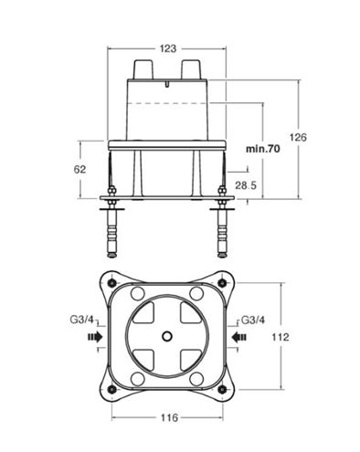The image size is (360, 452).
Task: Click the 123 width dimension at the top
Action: pos(168,48)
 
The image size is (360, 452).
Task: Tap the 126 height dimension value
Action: pos(298,137)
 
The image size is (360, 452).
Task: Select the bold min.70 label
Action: pos(263,149)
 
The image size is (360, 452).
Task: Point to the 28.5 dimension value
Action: pos(246,185)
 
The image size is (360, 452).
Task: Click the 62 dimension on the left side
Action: pos(79,170)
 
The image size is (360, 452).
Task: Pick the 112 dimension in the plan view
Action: pos(281,337)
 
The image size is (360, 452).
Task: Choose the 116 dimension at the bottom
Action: pos(169,417)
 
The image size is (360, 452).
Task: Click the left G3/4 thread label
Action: pos(82,320)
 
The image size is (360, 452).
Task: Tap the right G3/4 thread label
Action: pos(253,321)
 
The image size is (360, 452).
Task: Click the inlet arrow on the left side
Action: pos(95,337)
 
